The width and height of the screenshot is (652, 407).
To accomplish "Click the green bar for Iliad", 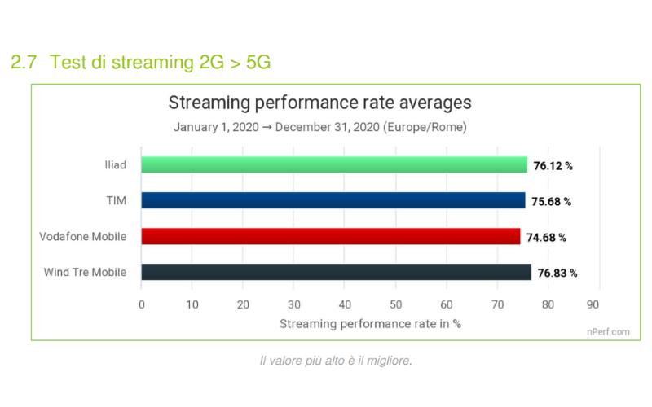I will [334, 165].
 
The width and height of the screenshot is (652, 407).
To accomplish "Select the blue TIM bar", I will [333, 201].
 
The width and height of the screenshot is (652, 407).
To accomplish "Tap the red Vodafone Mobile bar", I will [331, 237].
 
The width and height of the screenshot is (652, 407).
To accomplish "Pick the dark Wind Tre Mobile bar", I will [336, 273].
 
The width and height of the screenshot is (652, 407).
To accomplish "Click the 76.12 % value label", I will [553, 166].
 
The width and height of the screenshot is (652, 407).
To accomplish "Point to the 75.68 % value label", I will [551, 202].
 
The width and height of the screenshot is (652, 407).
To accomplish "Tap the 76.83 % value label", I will [557, 274].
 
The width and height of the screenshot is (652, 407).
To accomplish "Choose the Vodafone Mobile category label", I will [83, 237].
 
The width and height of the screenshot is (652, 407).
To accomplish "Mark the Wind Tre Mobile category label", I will [86, 273].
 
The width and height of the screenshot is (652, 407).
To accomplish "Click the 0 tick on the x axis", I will [142, 304].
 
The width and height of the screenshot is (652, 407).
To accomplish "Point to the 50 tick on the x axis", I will [396, 304].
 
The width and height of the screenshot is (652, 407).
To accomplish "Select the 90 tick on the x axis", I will [599, 304].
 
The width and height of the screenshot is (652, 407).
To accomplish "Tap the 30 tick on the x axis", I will [294, 304].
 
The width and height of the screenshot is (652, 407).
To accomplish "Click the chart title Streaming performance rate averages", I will [319, 104].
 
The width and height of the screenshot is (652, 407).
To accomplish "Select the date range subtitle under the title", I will [319, 128].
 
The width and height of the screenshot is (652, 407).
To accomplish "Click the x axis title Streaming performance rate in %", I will [371, 323].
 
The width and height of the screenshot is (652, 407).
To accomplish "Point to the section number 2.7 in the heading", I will [24, 62].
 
